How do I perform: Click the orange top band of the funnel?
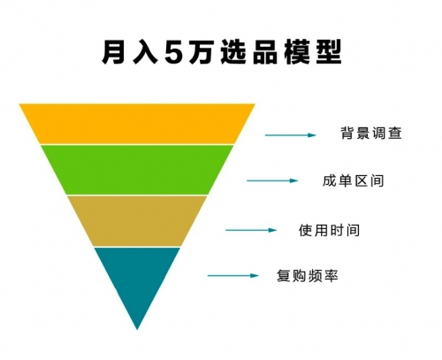coord(137,124)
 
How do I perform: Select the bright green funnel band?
coord(137,170)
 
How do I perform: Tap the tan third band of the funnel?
coord(137,221)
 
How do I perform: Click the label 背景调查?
coord(371,133)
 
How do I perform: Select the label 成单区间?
coord(354,180)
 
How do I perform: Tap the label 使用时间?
coord(329,230)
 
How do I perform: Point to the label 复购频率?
coord(308,276)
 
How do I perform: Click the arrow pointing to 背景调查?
coord(291,135)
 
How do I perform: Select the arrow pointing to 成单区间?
coord(272,180)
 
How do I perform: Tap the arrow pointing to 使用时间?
coord(251,230)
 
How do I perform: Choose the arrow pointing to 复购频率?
coord(233,276)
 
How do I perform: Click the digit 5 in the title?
coord(175,52)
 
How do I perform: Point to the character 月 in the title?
coord(113,52)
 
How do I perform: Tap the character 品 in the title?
coord(265,52)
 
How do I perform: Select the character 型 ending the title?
coord(329,52)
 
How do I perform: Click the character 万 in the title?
coord(201,52)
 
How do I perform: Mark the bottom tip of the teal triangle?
coord(137,329)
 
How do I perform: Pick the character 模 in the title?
coord(297,52)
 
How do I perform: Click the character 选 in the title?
coord(233,52)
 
